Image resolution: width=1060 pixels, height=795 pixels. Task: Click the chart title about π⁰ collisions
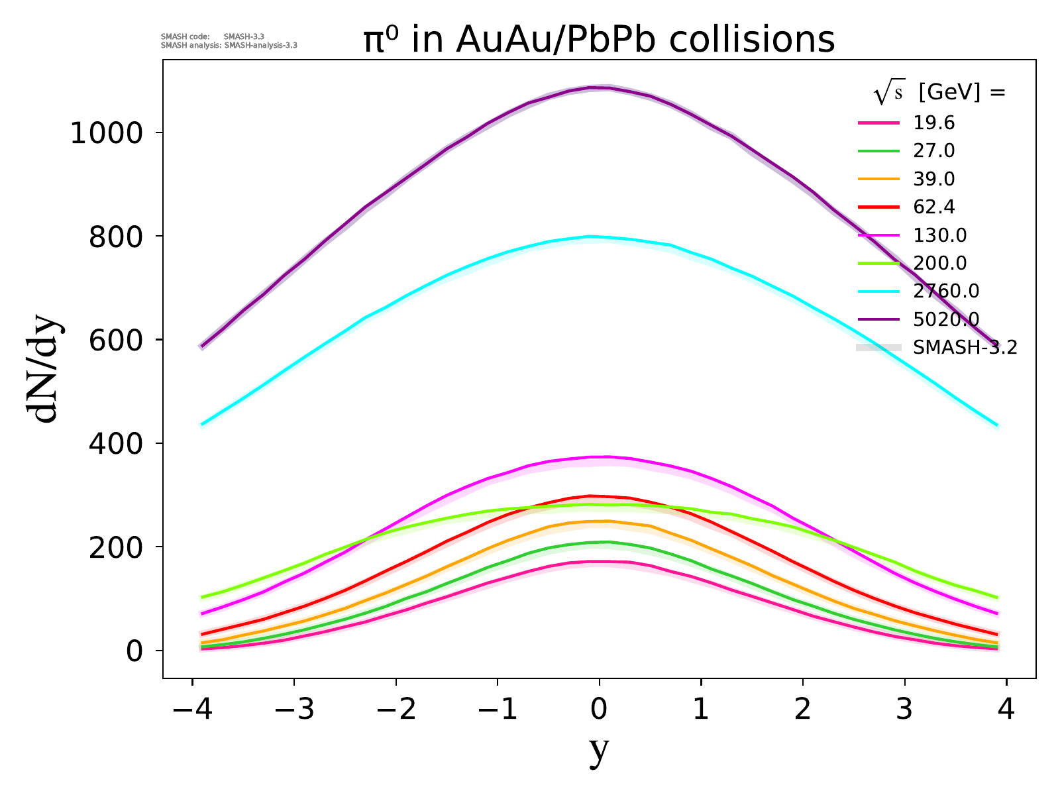[x=599, y=40]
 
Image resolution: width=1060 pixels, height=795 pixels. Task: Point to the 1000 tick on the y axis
[x=106, y=133]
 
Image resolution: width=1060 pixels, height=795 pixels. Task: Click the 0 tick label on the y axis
[x=134, y=651]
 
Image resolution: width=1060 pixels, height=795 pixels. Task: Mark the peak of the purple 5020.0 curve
[x=599, y=87]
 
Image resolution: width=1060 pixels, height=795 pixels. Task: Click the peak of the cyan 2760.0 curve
[x=590, y=236]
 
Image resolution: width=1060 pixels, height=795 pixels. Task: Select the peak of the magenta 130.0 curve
[x=599, y=456]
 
